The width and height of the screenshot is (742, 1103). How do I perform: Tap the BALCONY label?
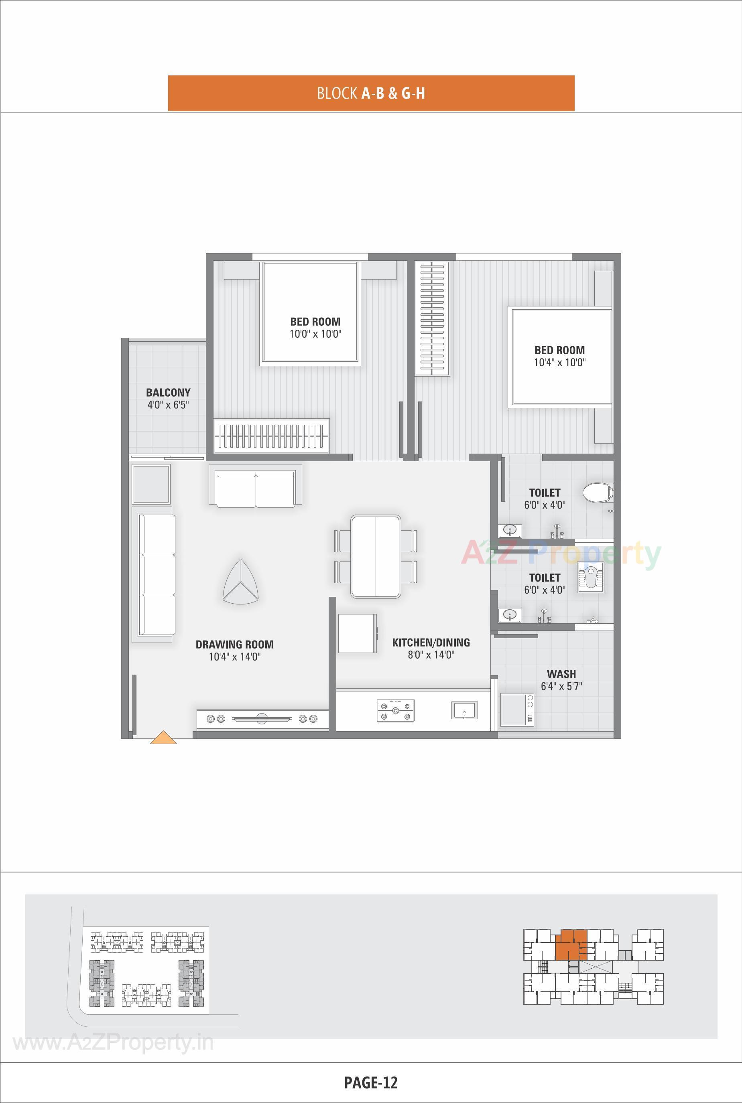pos(168,392)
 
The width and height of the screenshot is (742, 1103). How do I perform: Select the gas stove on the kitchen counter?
pos(395,710)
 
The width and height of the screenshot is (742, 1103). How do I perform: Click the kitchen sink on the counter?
pos(464,710)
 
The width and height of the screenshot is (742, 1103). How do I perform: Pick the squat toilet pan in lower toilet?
pos(591,578)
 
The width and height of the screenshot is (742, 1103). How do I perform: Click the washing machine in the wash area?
pos(517,710)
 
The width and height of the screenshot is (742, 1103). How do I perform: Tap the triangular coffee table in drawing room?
pos(241,583)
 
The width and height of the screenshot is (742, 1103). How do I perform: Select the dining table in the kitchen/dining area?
pos(376,557)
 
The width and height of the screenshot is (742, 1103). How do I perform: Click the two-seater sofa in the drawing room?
pos(256,489)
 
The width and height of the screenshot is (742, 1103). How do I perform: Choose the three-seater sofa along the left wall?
pos(157,575)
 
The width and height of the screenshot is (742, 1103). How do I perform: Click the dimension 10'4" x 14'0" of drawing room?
pos(235,657)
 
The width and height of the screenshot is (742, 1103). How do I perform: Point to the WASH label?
pos(561,673)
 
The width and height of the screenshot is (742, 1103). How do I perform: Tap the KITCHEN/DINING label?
pos(431,642)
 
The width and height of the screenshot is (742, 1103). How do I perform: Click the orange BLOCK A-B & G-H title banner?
pos(371,93)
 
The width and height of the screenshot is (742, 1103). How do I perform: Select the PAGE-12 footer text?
pos(370,1082)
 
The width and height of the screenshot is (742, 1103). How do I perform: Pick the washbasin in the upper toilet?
pos(510,530)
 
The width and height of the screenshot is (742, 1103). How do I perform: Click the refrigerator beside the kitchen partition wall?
pos(357,633)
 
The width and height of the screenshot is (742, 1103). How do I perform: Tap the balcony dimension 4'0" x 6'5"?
pos(168,405)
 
